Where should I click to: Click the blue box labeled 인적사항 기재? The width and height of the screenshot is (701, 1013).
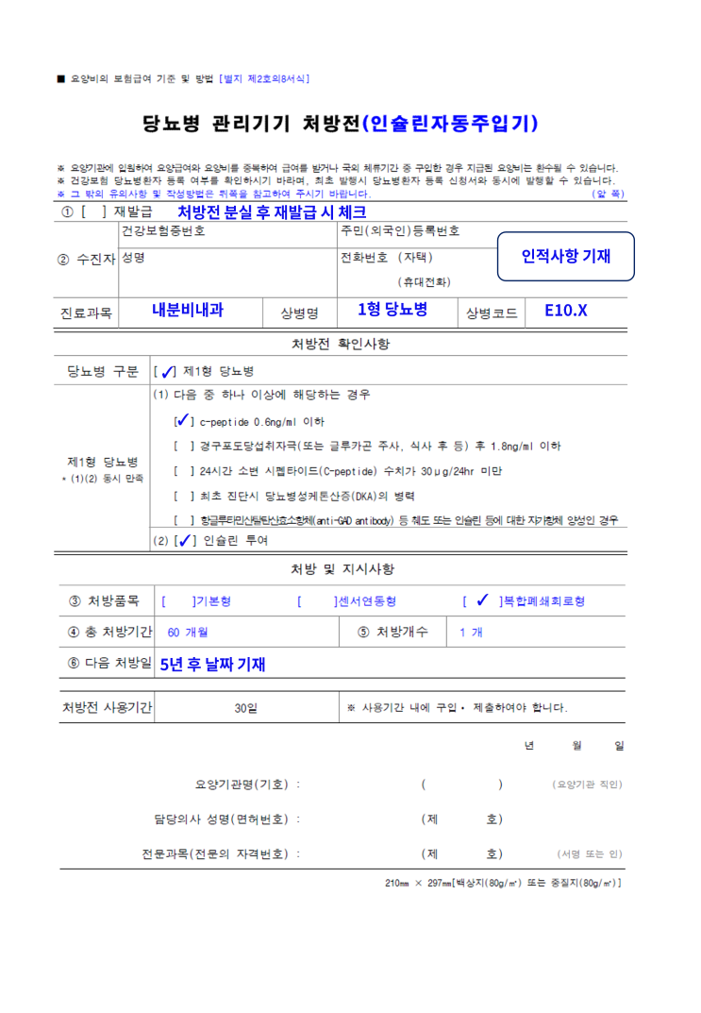pos(566,256)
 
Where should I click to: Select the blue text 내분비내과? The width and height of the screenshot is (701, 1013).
pos(188,310)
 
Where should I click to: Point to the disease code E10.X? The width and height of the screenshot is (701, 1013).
pos(566,310)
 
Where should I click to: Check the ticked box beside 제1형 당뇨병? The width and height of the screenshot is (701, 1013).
pos(167,371)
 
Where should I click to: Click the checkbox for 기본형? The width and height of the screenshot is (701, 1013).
pos(178,600)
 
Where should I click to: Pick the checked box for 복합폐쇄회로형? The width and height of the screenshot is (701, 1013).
pos(482,600)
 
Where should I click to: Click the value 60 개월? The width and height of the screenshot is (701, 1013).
pos(187,632)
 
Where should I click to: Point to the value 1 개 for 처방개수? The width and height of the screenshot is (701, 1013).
pos(470,632)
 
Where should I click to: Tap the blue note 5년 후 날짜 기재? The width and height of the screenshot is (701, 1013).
pos(212,665)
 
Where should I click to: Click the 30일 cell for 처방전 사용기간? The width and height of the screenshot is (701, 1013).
pos(245,707)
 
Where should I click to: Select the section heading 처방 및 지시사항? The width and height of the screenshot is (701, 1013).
pos(342,569)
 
